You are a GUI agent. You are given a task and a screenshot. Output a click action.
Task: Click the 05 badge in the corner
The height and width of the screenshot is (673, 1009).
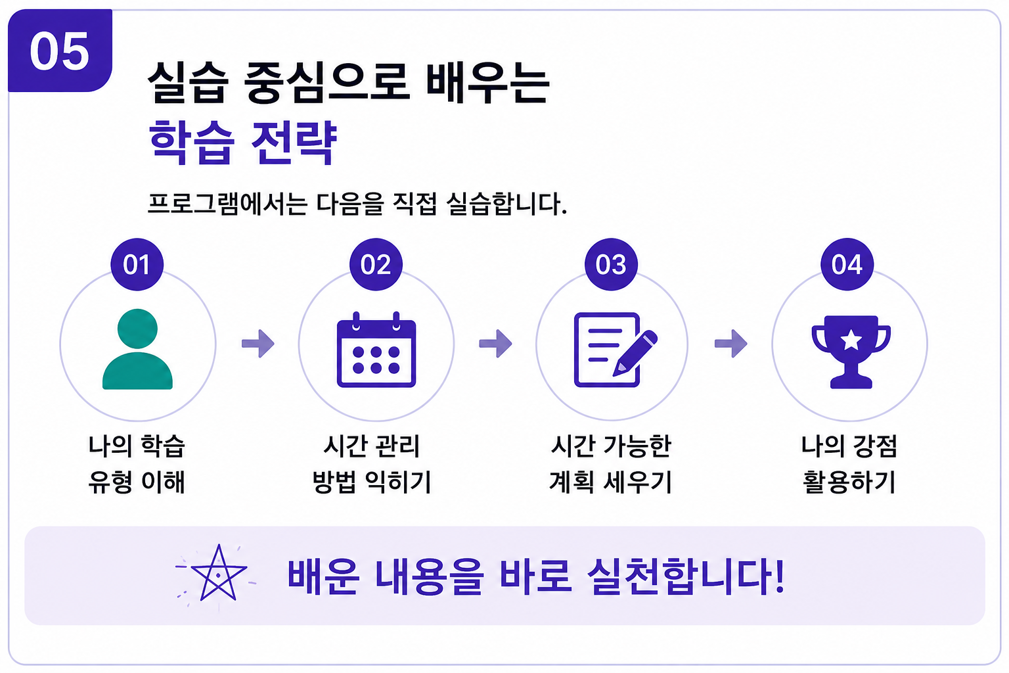coord(60,51)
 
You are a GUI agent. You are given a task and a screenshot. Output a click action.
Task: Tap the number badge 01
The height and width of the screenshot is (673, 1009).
coord(137,264)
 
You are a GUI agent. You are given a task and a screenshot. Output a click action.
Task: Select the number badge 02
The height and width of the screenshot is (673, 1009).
coord(376,264)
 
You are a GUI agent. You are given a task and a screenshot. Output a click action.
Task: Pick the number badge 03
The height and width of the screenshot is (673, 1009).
coord(611,264)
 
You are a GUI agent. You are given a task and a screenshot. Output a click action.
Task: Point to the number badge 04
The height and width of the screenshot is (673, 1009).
coord(847,264)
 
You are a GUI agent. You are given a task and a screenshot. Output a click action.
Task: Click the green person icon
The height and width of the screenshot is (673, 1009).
coord(137,349)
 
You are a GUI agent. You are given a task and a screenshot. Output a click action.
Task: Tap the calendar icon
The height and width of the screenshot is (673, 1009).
coord(376,350)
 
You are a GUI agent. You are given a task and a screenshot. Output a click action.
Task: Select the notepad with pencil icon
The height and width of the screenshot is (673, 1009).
coord(616,350)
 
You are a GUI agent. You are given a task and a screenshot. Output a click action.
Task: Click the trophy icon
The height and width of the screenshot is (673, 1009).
coord(851,352)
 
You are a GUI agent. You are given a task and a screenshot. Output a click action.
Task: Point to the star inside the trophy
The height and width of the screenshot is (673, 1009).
coord(851,340)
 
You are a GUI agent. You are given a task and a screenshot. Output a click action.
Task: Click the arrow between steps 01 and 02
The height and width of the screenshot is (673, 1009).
coord(258,344)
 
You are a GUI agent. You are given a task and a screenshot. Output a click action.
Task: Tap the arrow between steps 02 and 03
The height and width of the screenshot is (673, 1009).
coord(495,344)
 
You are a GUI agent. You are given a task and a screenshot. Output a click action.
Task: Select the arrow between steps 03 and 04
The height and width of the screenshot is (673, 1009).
coord(731,344)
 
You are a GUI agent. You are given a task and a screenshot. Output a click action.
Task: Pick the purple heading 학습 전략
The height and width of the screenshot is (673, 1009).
coord(243,142)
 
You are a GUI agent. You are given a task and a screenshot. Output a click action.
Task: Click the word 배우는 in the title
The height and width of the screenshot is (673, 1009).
coord(487,83)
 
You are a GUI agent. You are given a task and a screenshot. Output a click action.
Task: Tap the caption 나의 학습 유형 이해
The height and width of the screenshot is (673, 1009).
coord(137,464)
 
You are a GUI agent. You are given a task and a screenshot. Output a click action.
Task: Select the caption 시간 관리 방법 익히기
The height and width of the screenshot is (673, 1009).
coord(372,464)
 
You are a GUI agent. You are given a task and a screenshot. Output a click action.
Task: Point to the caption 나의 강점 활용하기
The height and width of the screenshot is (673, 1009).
coord(849,464)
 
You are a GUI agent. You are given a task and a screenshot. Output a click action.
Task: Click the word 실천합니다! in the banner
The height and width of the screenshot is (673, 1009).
coord(686,576)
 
